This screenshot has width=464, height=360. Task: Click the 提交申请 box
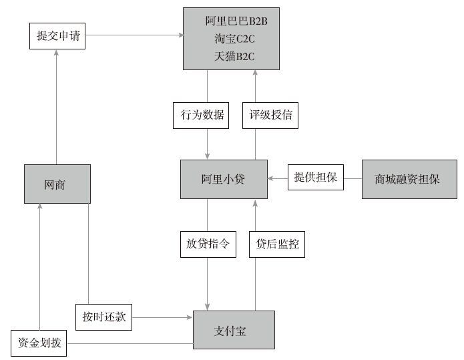click(x=57, y=36)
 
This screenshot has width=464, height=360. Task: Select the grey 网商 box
click(x=57, y=184)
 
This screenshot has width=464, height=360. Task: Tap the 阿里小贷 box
click(x=224, y=179)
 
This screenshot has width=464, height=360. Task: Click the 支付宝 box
click(x=234, y=330)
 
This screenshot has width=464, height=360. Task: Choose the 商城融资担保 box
click(x=409, y=179)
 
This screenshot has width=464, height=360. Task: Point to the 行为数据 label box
click(x=201, y=116)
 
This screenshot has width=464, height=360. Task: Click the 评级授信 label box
click(x=270, y=116)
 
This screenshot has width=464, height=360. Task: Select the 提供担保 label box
click(x=316, y=177)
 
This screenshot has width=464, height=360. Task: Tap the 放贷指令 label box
click(x=208, y=244)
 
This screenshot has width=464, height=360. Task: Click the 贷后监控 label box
click(x=277, y=244)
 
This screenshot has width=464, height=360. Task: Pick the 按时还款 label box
click(x=104, y=317)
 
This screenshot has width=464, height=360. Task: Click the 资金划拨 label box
click(x=39, y=343)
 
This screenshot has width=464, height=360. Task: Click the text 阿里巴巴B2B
click(x=236, y=21)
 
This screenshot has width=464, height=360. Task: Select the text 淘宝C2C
click(x=234, y=39)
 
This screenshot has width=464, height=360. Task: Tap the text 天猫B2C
click(x=234, y=56)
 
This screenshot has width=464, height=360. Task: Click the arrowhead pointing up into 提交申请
click(x=56, y=52)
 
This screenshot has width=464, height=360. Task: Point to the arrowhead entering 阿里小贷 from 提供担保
click(x=270, y=178)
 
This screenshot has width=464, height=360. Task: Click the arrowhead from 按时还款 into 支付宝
click(x=190, y=317)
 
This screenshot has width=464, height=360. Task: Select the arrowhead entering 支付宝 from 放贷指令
click(x=207, y=307)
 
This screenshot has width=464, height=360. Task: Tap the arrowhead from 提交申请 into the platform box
click(x=180, y=35)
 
